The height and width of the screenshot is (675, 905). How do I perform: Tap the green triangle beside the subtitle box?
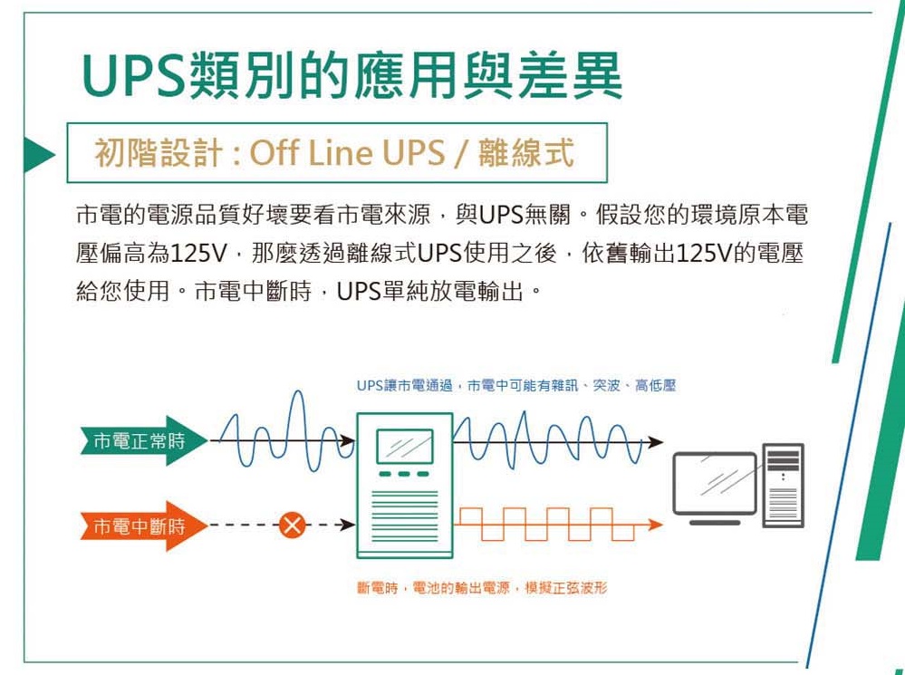point(38,155)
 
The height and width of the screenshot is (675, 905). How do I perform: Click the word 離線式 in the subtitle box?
point(525,152)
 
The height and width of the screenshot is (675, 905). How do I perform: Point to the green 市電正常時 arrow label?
point(143,441)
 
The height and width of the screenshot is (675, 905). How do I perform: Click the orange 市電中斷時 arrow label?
point(143,526)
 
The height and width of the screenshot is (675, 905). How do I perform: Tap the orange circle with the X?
point(293,525)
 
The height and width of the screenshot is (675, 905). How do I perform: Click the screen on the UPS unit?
point(405,447)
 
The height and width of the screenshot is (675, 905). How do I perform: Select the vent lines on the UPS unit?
point(405,516)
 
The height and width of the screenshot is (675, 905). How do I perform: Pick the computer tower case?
point(784,486)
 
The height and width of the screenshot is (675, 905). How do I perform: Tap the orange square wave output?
point(545,525)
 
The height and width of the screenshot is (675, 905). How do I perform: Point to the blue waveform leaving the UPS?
point(548,438)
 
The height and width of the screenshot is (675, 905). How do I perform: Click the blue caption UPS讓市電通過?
point(404,386)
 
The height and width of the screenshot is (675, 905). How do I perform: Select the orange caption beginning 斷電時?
point(482,588)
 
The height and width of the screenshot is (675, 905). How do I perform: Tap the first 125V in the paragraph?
point(198,253)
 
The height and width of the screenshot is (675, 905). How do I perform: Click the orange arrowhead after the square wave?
point(656,525)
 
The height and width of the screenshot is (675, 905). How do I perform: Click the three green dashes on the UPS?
point(405,474)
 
